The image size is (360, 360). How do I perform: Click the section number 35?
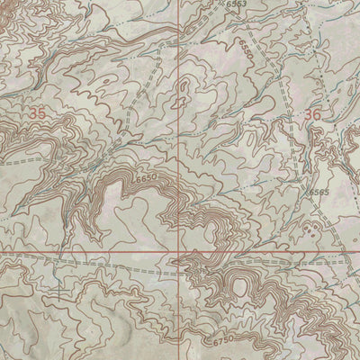[x=37, y=114]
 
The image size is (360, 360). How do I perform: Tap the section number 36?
[x=312, y=114]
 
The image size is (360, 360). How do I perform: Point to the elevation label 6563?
[x=238, y=4]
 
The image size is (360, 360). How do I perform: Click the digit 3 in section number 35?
[x=32, y=114]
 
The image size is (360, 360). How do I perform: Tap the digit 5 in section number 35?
[x=41, y=114]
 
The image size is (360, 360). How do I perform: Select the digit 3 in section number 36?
[x=308, y=114]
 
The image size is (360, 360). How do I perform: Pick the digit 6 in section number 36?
[x=317, y=114]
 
